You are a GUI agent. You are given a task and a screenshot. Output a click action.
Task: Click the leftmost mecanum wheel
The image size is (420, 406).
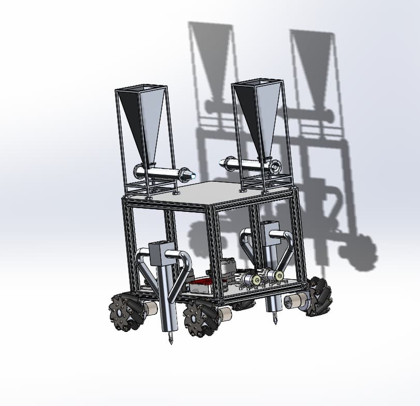pyautogui.click(x=125, y=311)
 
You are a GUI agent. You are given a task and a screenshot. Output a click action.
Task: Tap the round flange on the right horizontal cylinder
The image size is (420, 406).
pyautogui.click(x=276, y=166)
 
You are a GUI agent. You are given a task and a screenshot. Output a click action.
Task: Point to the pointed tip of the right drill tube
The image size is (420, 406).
pyautogui.click(x=275, y=321)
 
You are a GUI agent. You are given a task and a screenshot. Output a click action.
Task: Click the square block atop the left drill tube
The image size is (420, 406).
pyautogui.click(x=160, y=253)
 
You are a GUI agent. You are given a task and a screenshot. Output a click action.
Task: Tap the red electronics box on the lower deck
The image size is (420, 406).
pyautogui.click(x=202, y=284)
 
